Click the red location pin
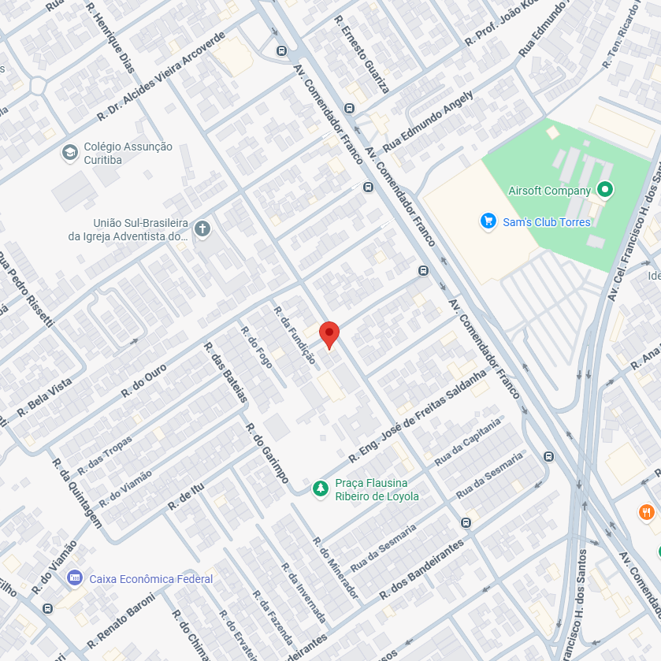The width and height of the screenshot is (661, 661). point(329,334)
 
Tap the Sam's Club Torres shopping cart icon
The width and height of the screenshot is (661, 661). point(488,221)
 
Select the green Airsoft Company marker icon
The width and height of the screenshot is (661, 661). point(604,189)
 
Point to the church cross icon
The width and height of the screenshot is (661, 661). point(202,229)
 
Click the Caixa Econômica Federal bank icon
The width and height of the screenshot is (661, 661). point(75,578)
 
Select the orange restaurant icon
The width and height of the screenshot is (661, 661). point(646,513)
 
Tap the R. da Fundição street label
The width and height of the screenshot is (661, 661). point(294,335)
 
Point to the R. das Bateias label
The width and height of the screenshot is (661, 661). point(225,372)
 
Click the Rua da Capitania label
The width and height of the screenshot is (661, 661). point(467,442)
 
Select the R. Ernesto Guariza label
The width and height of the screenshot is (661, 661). point(361,54)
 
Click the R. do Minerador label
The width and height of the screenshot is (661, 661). point(336,568)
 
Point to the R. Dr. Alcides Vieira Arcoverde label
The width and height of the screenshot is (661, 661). point(162,76)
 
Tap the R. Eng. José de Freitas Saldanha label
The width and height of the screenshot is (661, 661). point(419,415)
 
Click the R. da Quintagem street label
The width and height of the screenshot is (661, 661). point(76,493)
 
